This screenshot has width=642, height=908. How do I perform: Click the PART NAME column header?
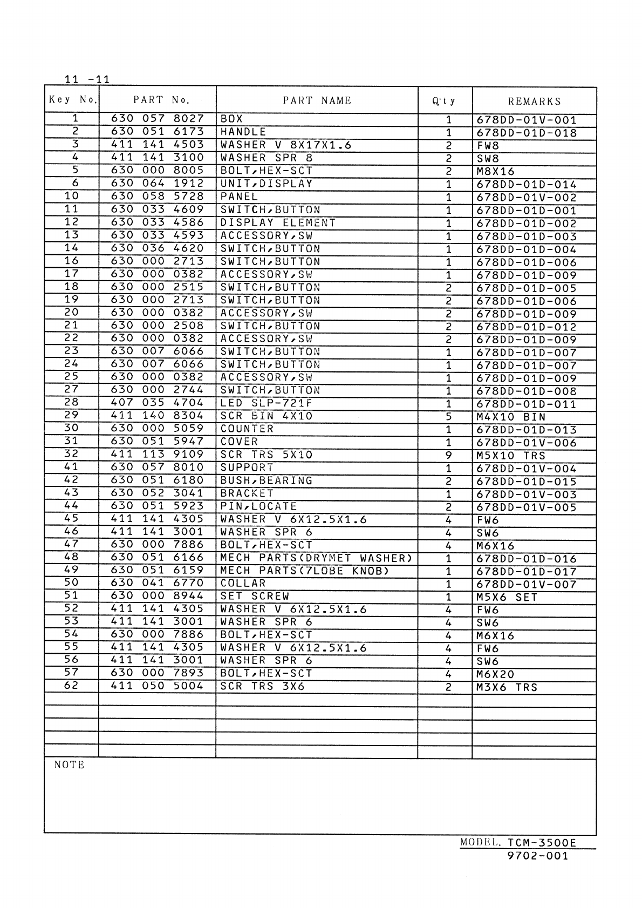point(317,100)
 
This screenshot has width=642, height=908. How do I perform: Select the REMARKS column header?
point(534,101)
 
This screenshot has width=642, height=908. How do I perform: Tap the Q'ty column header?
point(444,101)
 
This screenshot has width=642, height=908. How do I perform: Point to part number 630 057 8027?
point(157,119)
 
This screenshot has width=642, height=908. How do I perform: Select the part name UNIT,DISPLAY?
point(267,184)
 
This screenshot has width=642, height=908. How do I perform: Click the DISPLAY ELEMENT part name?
point(278,222)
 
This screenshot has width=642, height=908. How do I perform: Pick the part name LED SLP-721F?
point(267,403)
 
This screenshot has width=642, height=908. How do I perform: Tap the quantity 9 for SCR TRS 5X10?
point(448,456)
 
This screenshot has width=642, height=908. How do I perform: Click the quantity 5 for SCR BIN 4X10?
point(448,417)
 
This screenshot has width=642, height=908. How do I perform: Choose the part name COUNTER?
point(247,429)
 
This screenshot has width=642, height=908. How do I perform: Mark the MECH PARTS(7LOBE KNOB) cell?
point(305,571)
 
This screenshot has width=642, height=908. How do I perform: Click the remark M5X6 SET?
point(507,597)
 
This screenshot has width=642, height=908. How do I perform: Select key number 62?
point(71,686)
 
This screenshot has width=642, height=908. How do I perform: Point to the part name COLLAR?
point(243,584)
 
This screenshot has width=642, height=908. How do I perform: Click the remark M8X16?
point(496,172)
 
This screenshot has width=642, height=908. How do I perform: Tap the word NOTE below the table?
point(70,765)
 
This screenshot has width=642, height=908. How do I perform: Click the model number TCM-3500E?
point(542,843)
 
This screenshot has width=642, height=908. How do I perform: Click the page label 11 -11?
point(87,79)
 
